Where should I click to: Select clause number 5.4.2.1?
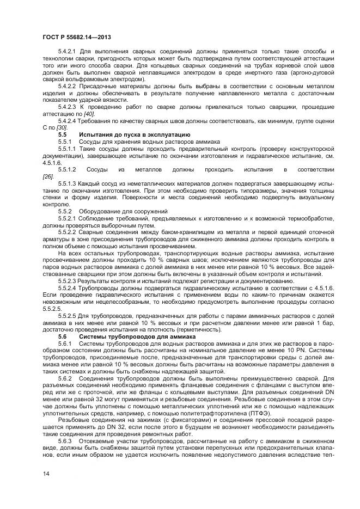point(68,51)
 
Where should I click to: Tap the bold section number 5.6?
point(62,336)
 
